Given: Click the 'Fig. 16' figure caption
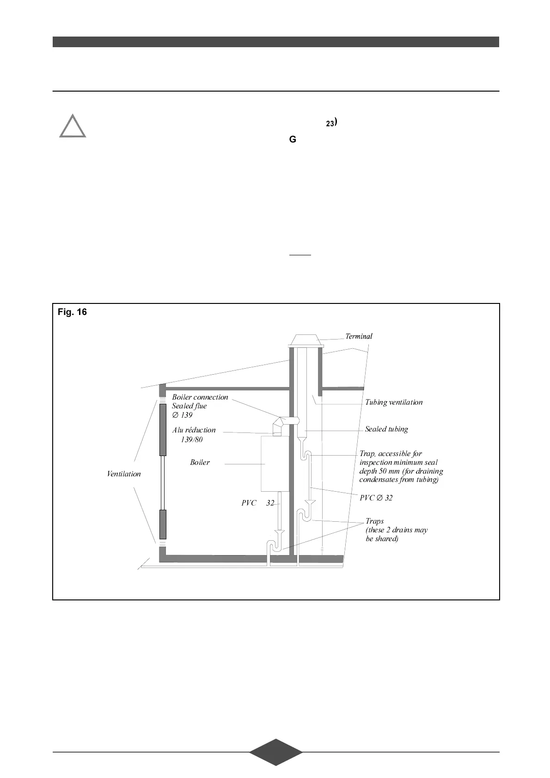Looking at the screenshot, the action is pos(72,312).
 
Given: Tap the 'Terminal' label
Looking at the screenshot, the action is pos(359,336).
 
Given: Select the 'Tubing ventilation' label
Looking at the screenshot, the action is pos(394,402).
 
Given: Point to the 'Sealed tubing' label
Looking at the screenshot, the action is pos(386,429).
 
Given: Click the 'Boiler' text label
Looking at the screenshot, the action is pos(200,463).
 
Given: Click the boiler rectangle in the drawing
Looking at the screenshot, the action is pos(275,463).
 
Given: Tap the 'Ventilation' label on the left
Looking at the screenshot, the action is pos(124,474).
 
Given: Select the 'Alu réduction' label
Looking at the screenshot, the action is pos(194,430).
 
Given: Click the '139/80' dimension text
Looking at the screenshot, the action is pos(191,439).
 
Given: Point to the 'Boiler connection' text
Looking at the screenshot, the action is pos(200,397).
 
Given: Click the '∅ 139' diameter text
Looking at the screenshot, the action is pos(182,415).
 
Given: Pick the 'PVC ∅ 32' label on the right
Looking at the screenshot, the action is pos(376,498).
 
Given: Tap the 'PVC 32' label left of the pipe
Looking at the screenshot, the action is pos(257,503).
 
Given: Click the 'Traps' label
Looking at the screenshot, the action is pos(374,521).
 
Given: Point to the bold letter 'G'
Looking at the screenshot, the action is pos(293,139).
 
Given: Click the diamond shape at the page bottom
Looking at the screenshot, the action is pos(275,752).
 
